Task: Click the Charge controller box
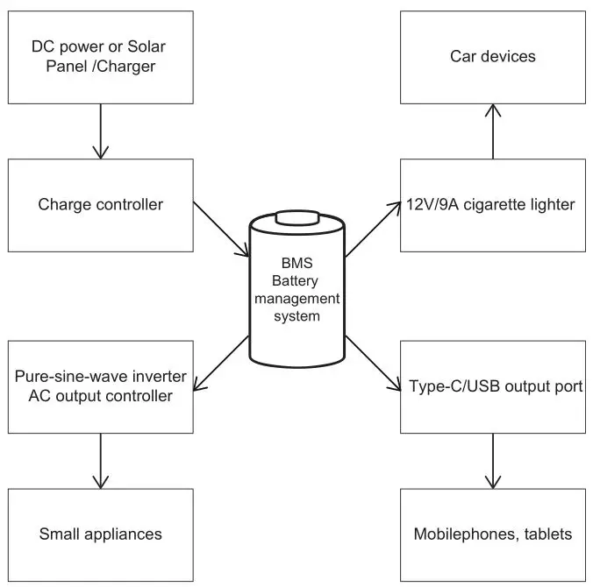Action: click(100, 205)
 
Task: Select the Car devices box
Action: click(492, 57)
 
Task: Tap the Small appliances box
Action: click(100, 534)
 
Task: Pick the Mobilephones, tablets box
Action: click(492, 534)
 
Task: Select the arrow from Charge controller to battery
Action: click(219, 230)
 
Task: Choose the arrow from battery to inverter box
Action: click(219, 363)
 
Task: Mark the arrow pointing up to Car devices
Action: click(493, 131)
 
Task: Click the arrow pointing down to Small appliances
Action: click(100, 460)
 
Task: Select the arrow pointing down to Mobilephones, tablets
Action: click(493, 460)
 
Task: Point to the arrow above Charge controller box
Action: click(100, 131)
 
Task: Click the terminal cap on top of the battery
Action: click(295, 216)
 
